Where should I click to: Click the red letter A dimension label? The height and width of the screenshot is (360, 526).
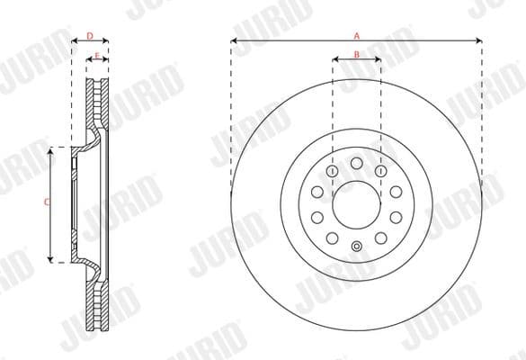click(x=356, y=36)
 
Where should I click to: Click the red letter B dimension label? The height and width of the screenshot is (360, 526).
click(x=356, y=56)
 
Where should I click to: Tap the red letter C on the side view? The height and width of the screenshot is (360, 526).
click(x=46, y=203)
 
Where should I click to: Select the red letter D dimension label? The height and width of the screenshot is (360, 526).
click(x=90, y=36)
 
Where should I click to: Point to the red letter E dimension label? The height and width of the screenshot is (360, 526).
click(x=96, y=56)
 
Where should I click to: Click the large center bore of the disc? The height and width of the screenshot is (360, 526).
click(x=356, y=204)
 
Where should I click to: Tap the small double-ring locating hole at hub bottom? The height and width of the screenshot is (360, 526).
click(x=356, y=248)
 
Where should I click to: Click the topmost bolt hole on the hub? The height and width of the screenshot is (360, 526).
click(x=356, y=162)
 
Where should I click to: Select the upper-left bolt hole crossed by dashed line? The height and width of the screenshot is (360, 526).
click(x=333, y=170)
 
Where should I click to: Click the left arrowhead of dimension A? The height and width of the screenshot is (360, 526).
click(x=234, y=41)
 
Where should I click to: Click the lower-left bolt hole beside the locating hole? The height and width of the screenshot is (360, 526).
click(x=332, y=238)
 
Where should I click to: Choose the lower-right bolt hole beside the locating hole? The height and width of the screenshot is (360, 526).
click(x=381, y=238)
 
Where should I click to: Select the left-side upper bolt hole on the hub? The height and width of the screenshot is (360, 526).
click(x=316, y=192)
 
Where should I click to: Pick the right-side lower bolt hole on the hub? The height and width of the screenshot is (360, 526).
click(x=397, y=218)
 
